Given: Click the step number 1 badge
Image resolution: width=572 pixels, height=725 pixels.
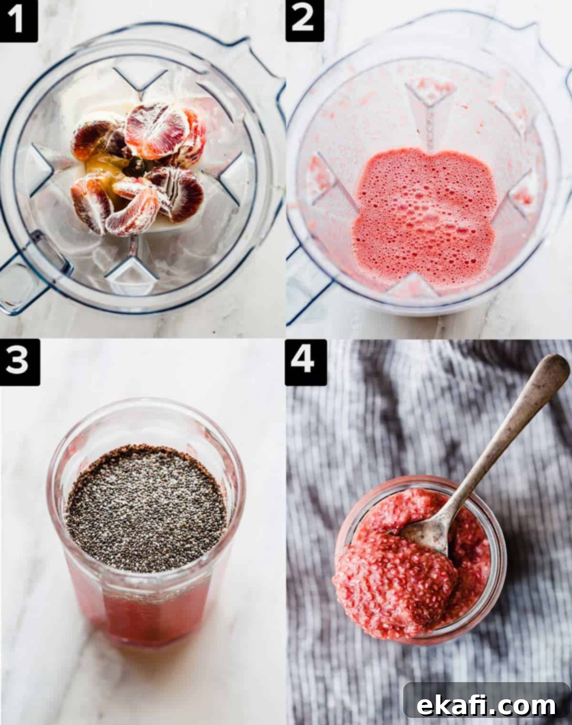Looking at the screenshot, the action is click(x=19, y=21).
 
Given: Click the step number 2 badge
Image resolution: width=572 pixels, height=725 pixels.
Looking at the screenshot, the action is click(x=305, y=21).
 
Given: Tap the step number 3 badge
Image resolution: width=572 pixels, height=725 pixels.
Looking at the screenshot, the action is click(x=20, y=362).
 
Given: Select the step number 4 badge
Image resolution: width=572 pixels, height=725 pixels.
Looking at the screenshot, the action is click(x=306, y=362).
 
